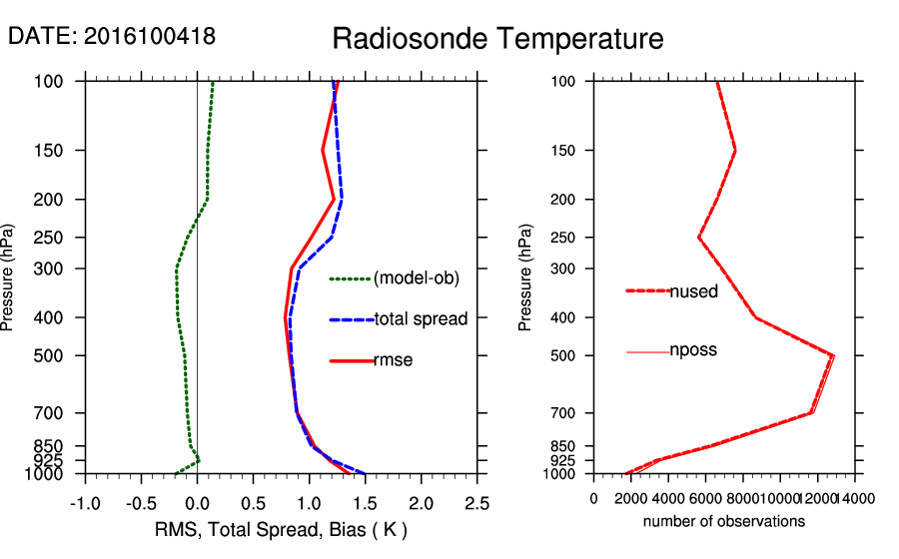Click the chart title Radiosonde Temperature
(x=497, y=39)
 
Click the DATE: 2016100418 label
(x=112, y=36)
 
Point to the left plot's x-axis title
(x=282, y=529)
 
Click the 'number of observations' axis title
(x=724, y=521)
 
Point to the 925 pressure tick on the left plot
(x=57, y=460)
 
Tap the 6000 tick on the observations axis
(x=705, y=498)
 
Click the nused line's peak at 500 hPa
(x=832, y=355)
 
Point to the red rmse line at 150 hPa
(x=323, y=151)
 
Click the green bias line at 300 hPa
(x=176, y=269)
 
